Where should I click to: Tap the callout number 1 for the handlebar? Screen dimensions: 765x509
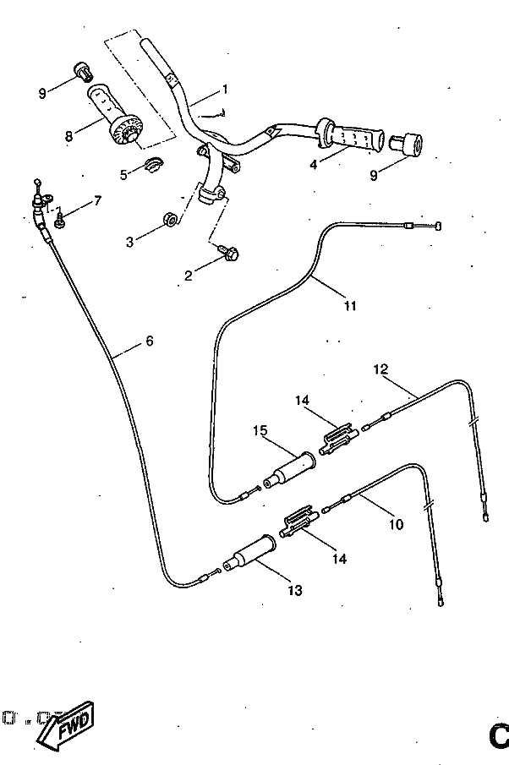[225, 89]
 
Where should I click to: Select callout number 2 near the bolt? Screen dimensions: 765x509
[189, 274]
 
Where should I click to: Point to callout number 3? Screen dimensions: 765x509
[130, 242]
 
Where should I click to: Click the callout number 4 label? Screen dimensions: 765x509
[313, 164]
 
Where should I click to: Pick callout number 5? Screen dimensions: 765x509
[123, 174]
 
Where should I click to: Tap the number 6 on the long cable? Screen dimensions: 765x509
[149, 341]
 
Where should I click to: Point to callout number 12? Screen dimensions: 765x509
[380, 369]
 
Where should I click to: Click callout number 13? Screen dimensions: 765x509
[294, 590]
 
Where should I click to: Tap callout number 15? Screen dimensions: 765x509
[260, 430]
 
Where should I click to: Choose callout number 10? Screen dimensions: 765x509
[395, 524]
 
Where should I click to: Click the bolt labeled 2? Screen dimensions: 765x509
[228, 251]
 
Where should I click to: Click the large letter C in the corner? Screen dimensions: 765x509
[499, 738]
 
